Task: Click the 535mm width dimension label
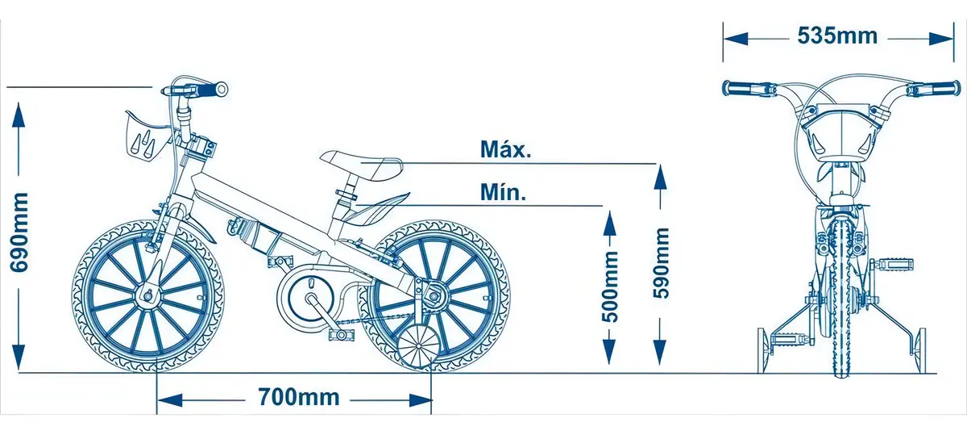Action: click(x=837, y=36)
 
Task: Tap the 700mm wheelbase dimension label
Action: click(x=299, y=397)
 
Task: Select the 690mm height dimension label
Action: click(x=20, y=232)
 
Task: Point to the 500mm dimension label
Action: click(x=609, y=287)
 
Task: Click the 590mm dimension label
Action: click(x=661, y=263)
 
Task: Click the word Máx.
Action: click(x=505, y=149)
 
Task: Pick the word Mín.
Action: click(x=503, y=192)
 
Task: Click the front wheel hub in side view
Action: click(x=147, y=296)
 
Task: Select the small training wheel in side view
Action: click(x=418, y=349)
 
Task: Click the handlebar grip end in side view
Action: click(x=221, y=90)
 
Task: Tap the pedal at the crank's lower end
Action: click(x=341, y=334)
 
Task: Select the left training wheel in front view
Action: click(x=763, y=350)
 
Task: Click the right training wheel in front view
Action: click(x=921, y=350)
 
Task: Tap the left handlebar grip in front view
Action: click(x=740, y=88)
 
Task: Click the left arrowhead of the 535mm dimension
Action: click(x=736, y=39)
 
